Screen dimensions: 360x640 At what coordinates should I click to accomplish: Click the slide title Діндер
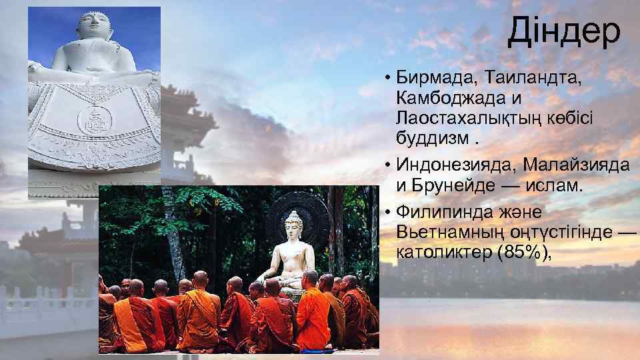click(x=563, y=32)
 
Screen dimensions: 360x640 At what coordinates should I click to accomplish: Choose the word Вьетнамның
click(x=448, y=232)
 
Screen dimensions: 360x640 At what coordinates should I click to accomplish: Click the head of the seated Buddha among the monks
click(x=294, y=222)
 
